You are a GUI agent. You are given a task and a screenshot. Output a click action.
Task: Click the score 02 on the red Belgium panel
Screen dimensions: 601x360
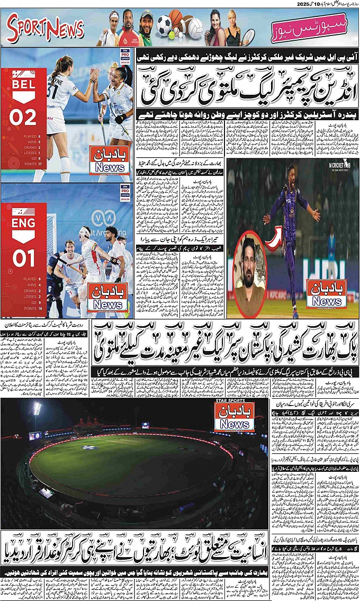coord(23,118)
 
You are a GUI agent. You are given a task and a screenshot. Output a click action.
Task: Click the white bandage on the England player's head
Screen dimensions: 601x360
coord(85,232)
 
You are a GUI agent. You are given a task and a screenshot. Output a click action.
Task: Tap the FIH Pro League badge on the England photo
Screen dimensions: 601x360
coord(125,191)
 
